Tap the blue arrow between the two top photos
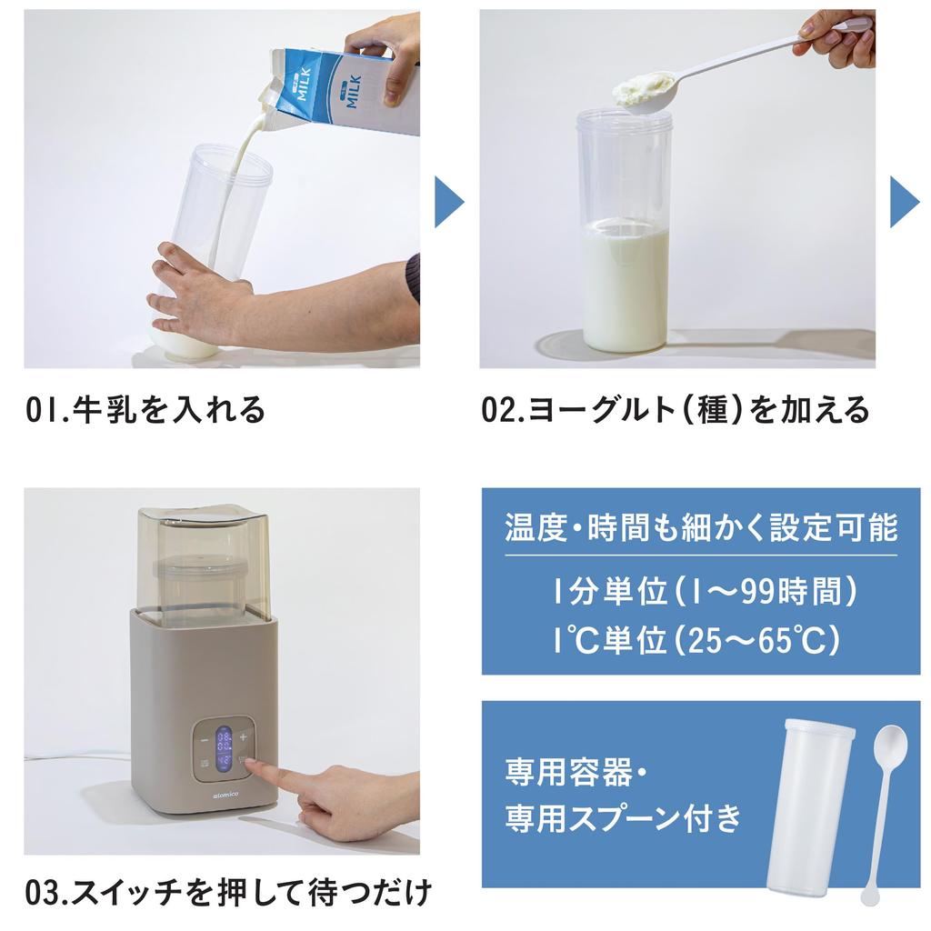(x=449, y=202)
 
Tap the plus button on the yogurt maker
(x=243, y=737)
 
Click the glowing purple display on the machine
(x=223, y=750)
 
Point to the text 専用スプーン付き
(x=623, y=819)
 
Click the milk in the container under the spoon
(x=625, y=286)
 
